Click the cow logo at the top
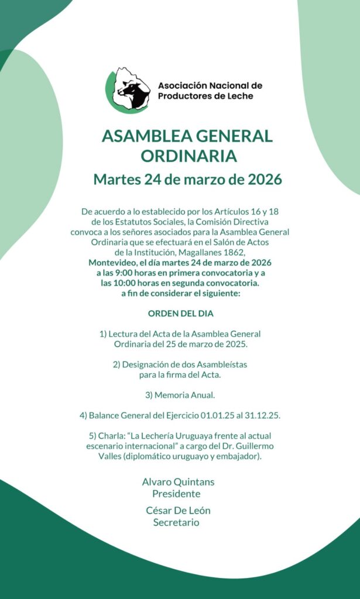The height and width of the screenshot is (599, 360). pyautogui.click(x=129, y=90)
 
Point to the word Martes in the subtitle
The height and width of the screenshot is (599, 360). pyautogui.click(x=117, y=179)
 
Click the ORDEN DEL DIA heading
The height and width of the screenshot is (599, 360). pyautogui.click(x=180, y=314)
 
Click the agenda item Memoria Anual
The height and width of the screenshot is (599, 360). pyautogui.click(x=186, y=395)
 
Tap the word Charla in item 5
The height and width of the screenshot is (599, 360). pyautogui.click(x=109, y=436)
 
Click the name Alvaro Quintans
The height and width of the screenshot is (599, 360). pyautogui.click(x=178, y=482)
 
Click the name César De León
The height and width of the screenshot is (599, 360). pyautogui.click(x=178, y=510)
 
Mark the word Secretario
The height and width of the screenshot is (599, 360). pyautogui.click(x=176, y=522)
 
